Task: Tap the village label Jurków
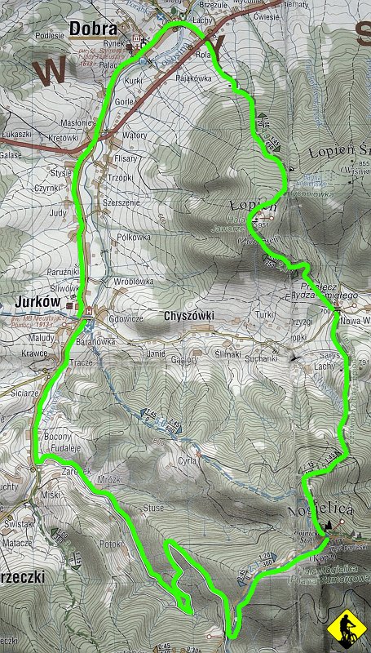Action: point(38,302)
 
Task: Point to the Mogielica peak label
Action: point(320,509)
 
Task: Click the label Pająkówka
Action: point(193,79)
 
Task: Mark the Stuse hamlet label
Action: point(153,508)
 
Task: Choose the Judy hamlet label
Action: point(58,213)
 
